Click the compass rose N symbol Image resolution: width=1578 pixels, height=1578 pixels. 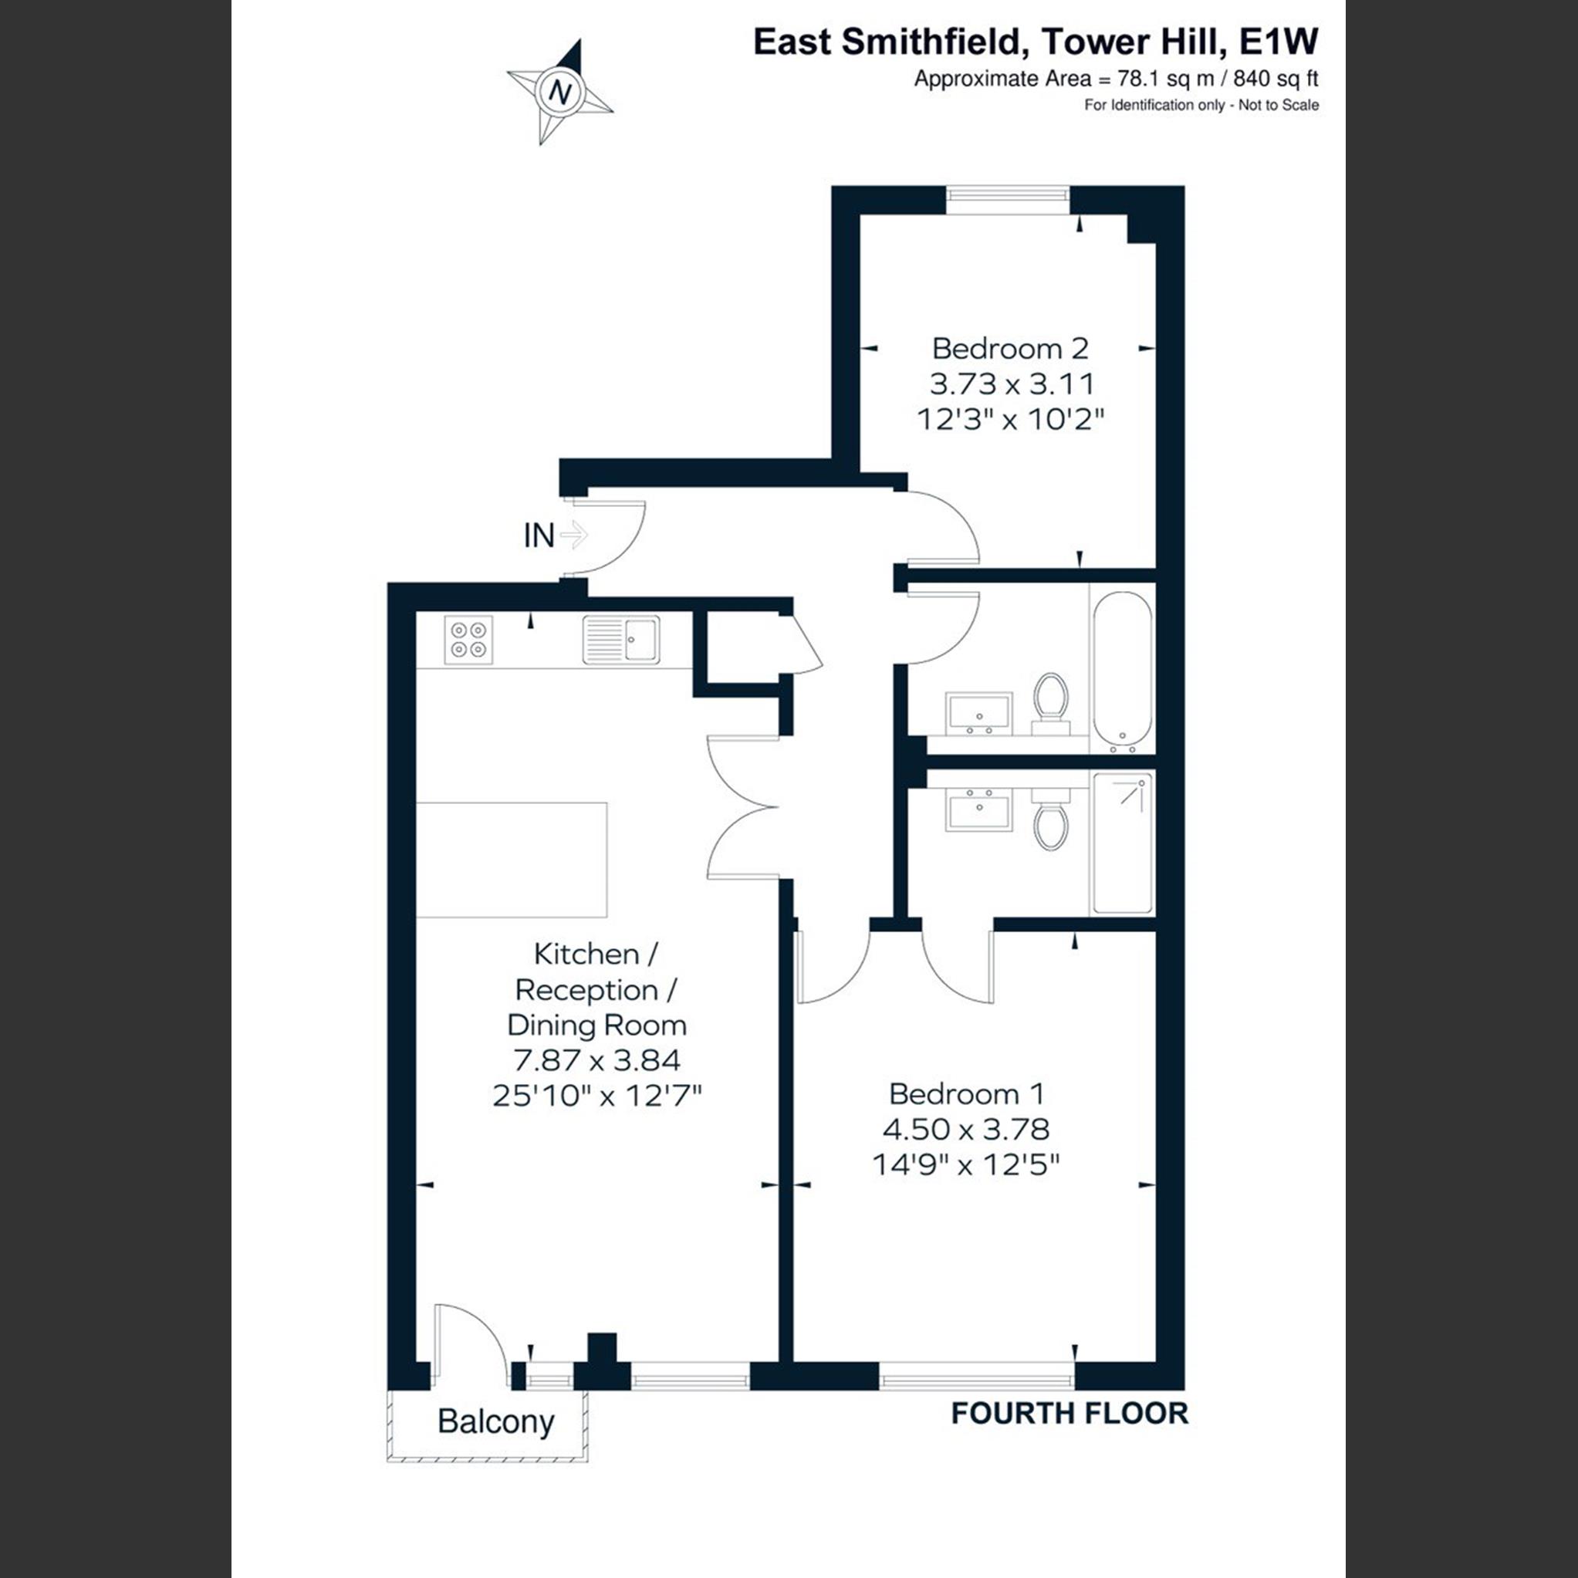[x=560, y=92]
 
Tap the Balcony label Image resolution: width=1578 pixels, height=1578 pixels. [x=496, y=1421]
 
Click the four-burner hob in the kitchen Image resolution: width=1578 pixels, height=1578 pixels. [x=469, y=640]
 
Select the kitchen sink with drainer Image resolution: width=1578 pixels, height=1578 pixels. [x=620, y=639]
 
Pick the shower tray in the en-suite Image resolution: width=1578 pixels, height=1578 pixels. [x=1122, y=843]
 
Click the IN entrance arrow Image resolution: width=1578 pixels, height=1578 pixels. [x=574, y=536]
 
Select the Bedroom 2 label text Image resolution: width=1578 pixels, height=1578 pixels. [x=1010, y=349]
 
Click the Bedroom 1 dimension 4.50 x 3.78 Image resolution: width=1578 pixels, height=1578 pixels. [x=966, y=1129]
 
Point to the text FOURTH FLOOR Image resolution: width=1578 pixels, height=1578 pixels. [x=1069, y=1413]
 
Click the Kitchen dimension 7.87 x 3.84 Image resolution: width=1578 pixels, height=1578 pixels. [x=597, y=1060]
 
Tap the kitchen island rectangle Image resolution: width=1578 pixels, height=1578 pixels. [x=512, y=860]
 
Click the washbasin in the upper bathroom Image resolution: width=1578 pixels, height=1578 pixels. [x=978, y=712]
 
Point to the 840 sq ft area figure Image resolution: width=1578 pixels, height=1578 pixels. [x=1276, y=79]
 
